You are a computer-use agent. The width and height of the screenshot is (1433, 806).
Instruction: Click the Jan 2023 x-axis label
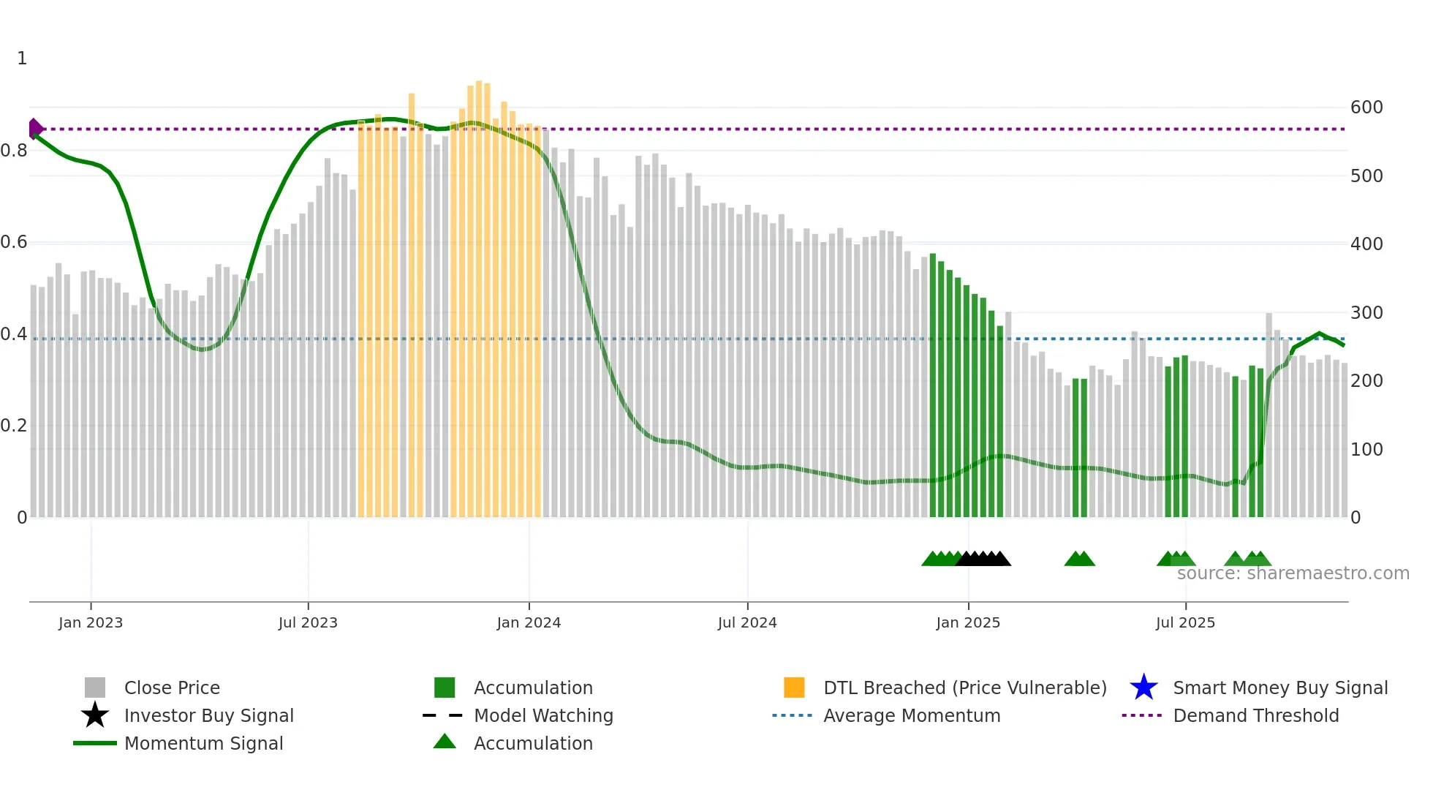tap(91, 622)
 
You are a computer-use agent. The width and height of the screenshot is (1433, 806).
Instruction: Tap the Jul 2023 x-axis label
tap(308, 622)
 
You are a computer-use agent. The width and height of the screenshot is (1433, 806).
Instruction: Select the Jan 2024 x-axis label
tap(529, 622)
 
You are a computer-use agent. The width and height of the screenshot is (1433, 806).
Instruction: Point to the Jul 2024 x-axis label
tap(747, 622)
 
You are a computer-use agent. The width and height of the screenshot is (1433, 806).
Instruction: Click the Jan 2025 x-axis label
tap(968, 622)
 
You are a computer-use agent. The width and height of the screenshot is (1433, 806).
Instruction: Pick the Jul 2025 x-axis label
tap(1185, 622)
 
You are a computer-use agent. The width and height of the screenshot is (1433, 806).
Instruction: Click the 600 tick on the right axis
tap(1366, 108)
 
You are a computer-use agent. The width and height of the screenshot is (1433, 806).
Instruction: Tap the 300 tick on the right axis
tap(1366, 313)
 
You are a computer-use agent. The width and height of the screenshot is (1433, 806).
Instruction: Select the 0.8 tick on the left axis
tap(14, 151)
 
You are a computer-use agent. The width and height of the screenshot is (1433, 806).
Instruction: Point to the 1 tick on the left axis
tap(22, 59)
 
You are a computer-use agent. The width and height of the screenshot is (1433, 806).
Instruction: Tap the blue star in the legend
tap(1143, 688)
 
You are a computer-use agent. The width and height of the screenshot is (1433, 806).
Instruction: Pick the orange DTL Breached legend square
tap(794, 688)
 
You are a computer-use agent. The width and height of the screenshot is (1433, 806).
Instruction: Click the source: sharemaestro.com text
tap(1293, 573)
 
